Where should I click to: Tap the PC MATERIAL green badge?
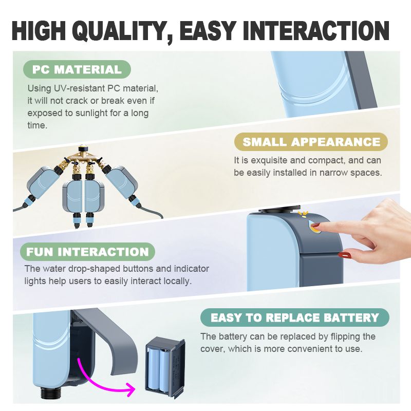point(77,69)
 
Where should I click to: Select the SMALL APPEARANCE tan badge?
point(311,142)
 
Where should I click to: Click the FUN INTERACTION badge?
point(87,252)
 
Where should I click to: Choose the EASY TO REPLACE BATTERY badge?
point(294,317)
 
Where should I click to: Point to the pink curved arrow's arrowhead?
point(130,390)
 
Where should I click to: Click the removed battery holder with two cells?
point(165,369)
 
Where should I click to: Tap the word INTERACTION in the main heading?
point(316,30)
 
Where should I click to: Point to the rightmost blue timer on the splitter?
point(121,182)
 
